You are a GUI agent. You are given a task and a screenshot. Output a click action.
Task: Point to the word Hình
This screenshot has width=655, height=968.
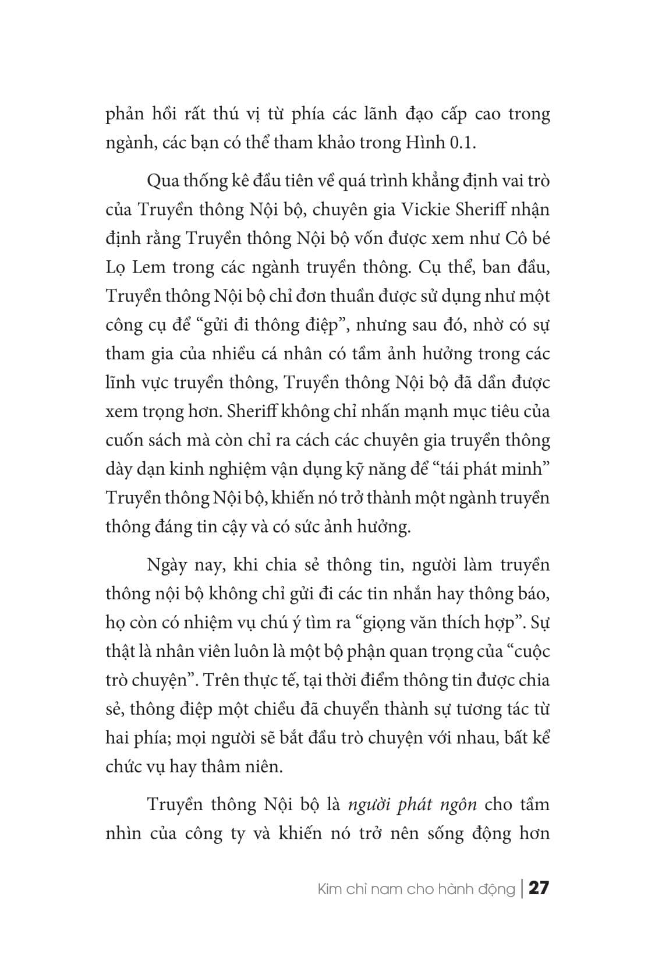pos(421,143)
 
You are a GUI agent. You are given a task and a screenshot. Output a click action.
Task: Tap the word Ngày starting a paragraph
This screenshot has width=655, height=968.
pos(168,565)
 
